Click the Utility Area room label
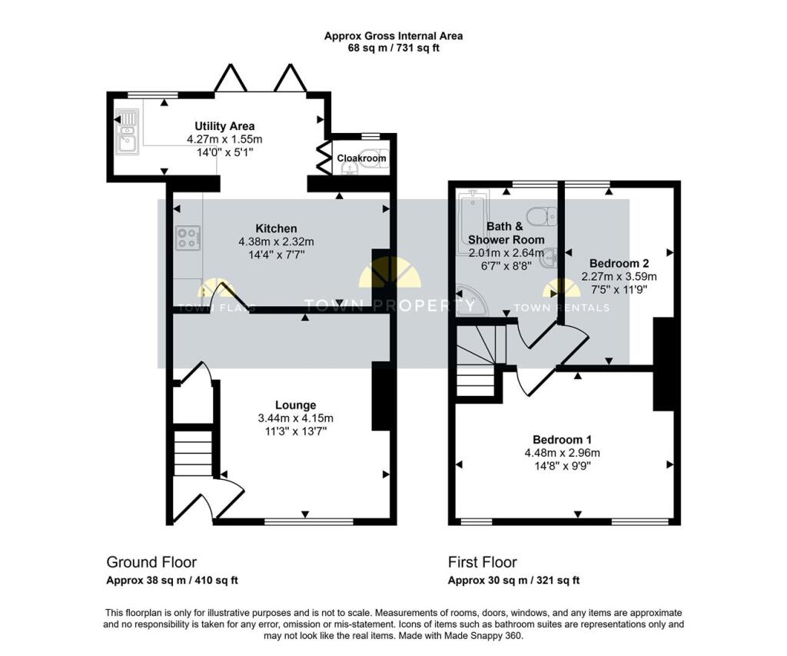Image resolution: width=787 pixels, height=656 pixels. [224, 126]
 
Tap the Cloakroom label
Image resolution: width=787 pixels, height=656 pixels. [361, 158]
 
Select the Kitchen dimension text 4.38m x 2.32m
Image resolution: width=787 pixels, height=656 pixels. [276, 241]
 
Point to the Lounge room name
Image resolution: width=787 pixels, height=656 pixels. [296, 405]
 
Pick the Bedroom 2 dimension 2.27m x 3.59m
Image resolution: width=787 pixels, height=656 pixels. [619, 276]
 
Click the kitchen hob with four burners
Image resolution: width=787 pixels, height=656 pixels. [188, 238]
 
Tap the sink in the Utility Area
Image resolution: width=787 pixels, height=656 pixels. [127, 132]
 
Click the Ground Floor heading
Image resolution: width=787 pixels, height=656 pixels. [151, 562]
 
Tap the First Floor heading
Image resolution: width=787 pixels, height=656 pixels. [483, 562]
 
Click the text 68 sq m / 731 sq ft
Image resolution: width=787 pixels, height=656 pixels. [393, 48]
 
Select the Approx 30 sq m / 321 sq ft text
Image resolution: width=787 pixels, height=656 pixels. [513, 581]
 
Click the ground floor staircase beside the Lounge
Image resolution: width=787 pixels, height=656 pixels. [192, 453]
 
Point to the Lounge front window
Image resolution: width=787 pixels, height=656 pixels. [309, 522]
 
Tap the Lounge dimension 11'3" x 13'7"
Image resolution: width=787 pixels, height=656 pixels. [296, 431]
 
